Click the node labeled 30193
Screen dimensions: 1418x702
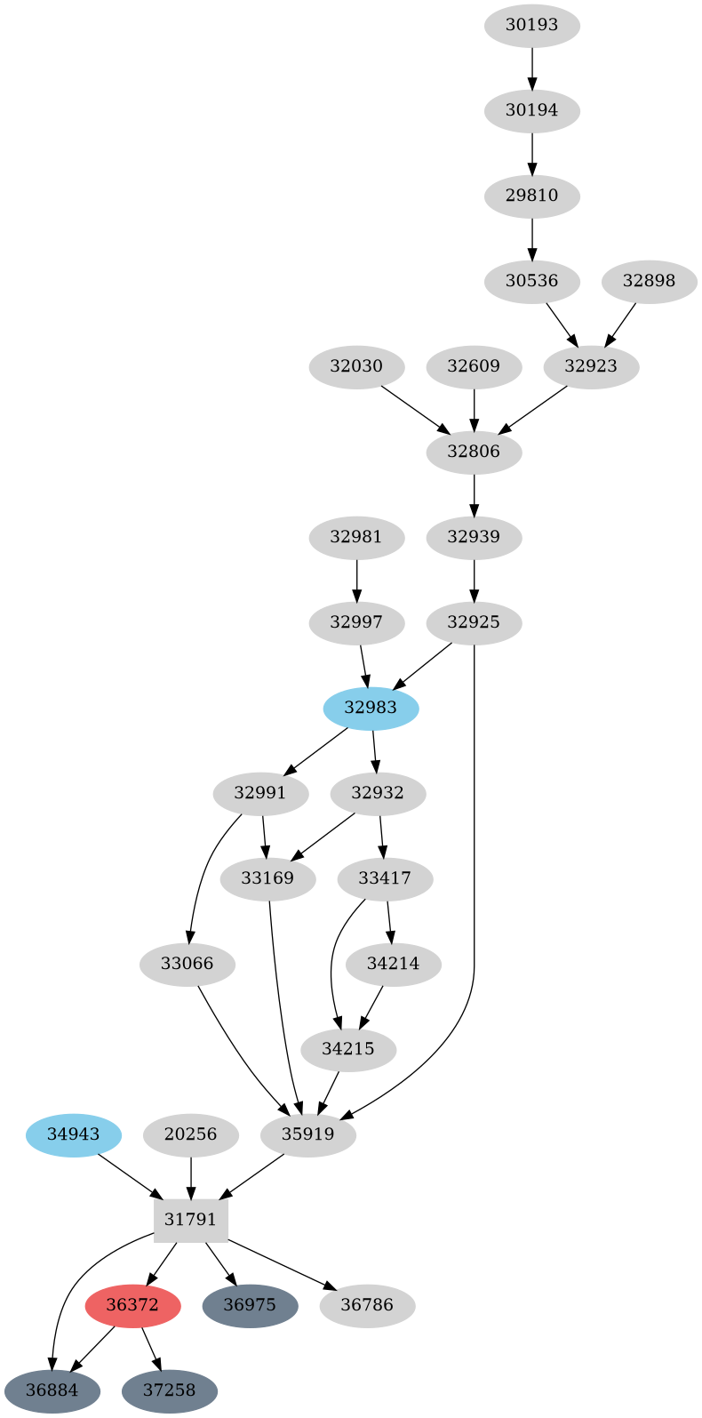click(531, 25)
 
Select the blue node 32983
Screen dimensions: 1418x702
click(371, 708)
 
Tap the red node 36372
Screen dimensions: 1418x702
click(132, 1305)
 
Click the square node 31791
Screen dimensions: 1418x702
click(191, 1220)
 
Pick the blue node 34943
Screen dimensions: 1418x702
click(74, 1134)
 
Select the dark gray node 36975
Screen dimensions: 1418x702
click(250, 1305)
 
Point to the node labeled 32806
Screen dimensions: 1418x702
click(474, 452)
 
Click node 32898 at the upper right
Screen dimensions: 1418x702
click(649, 281)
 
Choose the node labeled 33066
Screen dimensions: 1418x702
click(187, 964)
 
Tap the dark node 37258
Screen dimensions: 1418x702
click(170, 1390)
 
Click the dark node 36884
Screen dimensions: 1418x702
click(52, 1390)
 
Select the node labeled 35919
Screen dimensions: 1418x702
click(308, 1134)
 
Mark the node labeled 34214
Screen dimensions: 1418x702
click(393, 964)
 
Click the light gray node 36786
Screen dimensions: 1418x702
click(367, 1305)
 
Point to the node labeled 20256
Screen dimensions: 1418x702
click(191, 1134)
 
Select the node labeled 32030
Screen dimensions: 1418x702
click(356, 366)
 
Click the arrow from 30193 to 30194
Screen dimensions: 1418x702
click(531, 68)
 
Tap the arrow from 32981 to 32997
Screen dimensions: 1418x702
click(356, 580)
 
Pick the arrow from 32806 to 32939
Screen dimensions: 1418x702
click(474, 494)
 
